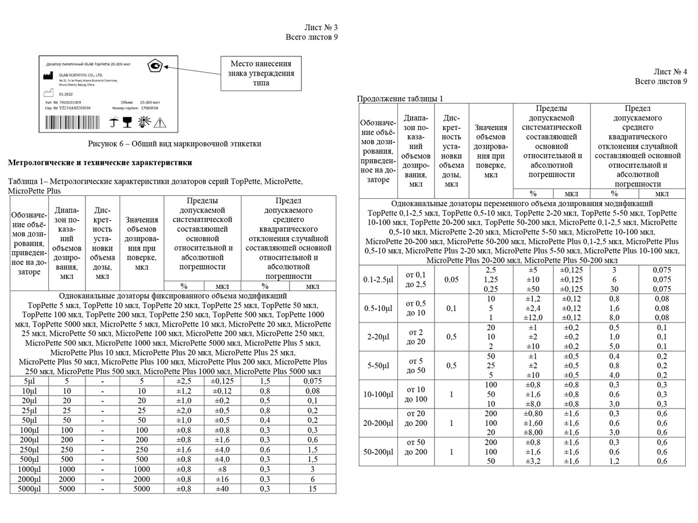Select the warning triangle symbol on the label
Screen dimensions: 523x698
point(160,122)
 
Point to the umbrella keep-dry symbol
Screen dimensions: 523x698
point(115,122)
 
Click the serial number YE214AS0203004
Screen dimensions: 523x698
point(75,108)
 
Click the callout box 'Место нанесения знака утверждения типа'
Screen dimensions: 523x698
point(261,73)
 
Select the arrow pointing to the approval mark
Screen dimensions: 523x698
point(195,67)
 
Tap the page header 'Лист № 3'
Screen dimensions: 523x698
point(320,27)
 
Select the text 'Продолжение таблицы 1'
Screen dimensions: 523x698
point(400,99)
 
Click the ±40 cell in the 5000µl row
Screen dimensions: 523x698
point(222,489)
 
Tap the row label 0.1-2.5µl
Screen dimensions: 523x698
point(378,280)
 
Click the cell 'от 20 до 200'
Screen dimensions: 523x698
point(417,418)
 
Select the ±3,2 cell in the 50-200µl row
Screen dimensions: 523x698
point(533,461)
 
